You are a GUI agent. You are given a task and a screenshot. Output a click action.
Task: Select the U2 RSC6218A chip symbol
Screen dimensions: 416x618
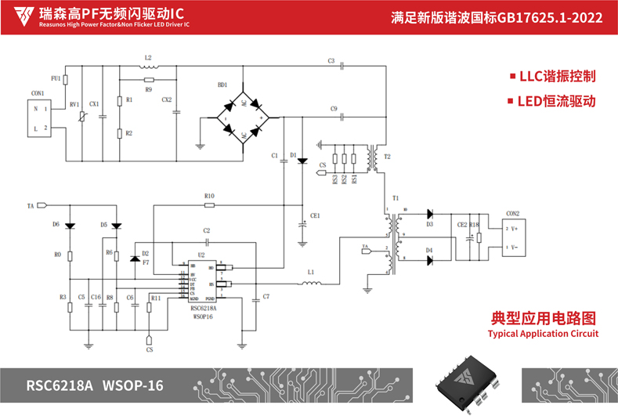point(201,282)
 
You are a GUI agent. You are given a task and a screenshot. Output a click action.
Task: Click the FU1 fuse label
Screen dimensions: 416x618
point(55,78)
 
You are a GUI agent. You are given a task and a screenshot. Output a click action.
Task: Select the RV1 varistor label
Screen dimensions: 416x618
point(74,104)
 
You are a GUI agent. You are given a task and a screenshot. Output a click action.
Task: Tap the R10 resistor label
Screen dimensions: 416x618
point(208,196)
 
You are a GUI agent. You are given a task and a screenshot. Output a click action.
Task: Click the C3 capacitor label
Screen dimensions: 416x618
point(331,60)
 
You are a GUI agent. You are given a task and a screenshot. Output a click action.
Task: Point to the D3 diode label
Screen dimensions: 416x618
point(429,224)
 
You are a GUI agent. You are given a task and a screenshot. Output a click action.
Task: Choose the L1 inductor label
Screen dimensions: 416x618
point(311,272)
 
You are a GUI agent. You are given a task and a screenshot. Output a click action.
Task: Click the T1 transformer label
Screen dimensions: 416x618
point(396,198)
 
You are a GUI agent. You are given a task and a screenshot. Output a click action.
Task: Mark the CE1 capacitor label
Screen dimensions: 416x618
point(315,215)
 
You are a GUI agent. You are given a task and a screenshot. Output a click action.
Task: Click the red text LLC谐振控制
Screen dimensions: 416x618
point(552,77)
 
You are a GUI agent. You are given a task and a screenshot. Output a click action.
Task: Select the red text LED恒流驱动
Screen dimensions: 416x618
point(552,101)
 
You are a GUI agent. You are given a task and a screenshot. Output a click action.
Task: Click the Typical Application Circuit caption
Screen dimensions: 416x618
point(543,333)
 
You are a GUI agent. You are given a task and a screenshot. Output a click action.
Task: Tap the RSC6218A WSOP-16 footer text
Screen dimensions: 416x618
point(95,385)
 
